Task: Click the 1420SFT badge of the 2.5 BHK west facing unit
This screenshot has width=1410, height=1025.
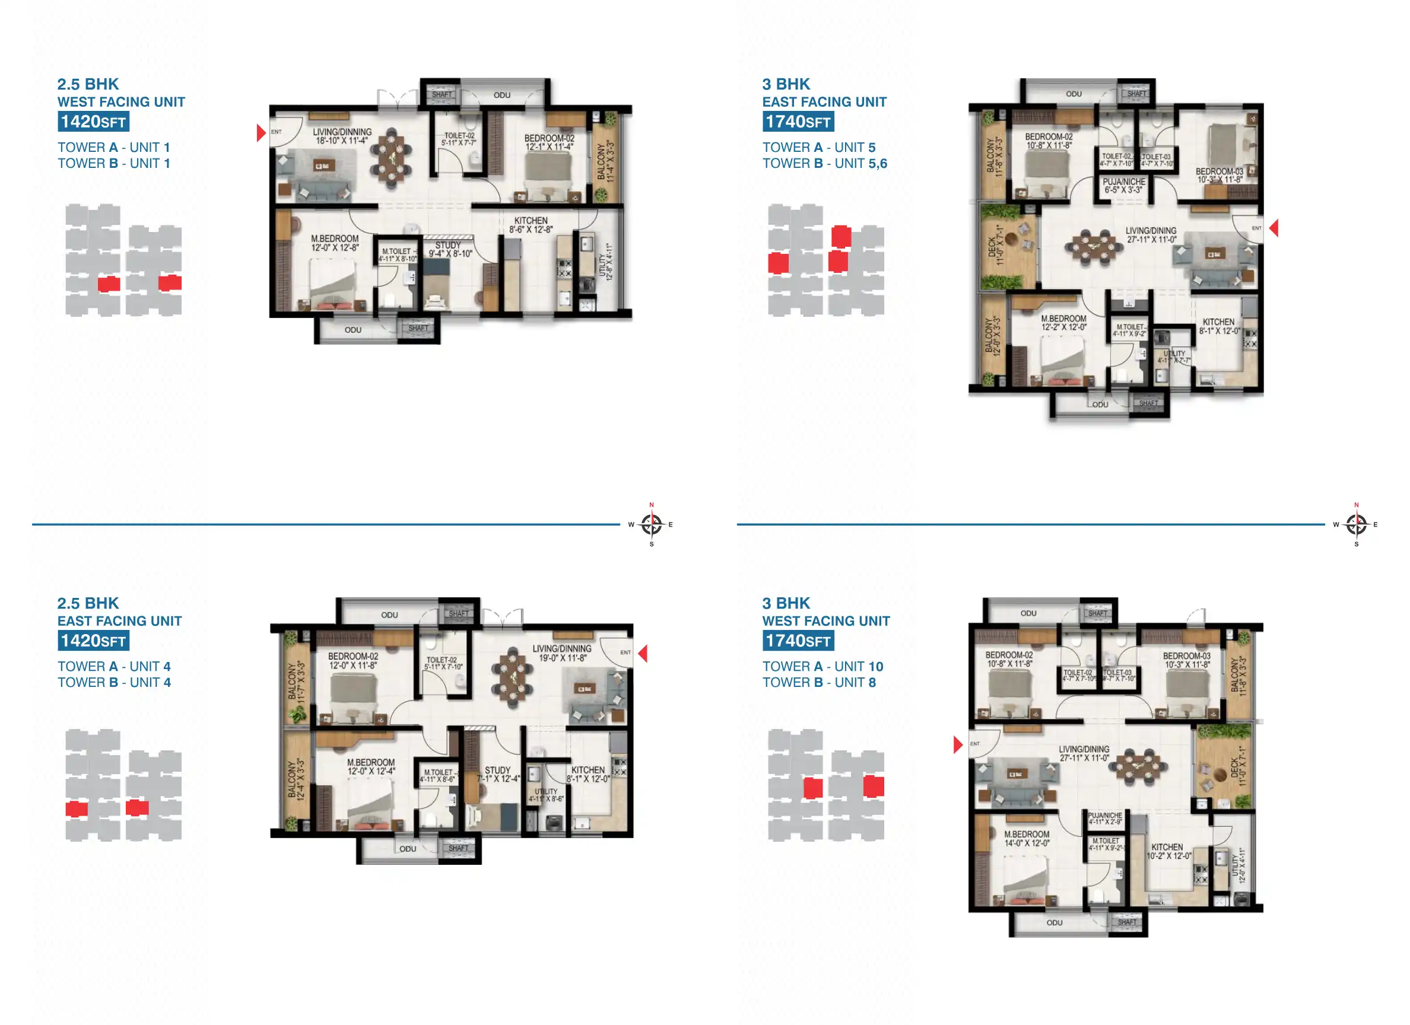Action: click(93, 122)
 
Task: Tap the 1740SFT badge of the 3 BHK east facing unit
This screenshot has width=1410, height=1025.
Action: click(798, 122)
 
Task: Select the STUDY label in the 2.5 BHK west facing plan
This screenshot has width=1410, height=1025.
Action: click(449, 246)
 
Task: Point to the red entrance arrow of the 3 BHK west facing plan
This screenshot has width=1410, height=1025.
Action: click(957, 744)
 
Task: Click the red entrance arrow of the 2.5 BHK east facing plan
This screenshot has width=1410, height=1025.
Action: click(643, 653)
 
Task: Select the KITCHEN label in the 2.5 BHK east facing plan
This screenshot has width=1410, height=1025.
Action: click(587, 770)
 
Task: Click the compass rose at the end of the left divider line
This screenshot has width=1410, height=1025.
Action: click(651, 524)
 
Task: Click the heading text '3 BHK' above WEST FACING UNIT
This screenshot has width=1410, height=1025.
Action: click(786, 603)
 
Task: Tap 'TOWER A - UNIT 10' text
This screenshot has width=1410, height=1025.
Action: click(822, 666)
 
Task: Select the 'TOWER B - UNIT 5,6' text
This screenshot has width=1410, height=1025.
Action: click(824, 164)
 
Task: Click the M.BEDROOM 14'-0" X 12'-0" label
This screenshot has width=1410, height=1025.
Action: click(1027, 839)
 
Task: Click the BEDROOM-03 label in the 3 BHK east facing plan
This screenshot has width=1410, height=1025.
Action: click(1218, 172)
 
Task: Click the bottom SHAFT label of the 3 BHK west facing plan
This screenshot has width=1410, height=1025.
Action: click(1126, 922)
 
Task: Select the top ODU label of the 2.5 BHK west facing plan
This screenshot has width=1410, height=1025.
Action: click(501, 95)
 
